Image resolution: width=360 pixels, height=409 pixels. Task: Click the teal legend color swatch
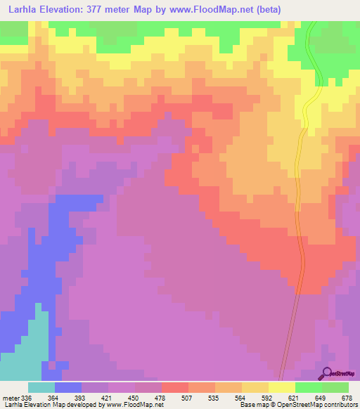coord(41,387)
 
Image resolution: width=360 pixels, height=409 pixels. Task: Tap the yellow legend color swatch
coord(281,387)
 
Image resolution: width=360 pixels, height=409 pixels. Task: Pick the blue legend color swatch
coord(67,387)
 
